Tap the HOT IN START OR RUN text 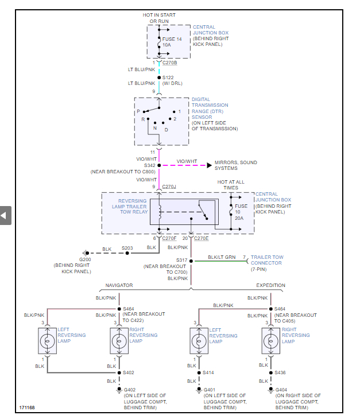click(159, 18)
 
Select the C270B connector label click(169, 63)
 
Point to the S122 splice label click(169, 77)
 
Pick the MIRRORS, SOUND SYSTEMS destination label click(235, 165)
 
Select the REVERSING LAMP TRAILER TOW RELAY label click(129, 207)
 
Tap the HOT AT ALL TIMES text click(231, 184)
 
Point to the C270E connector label click(202, 238)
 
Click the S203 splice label click(127, 249)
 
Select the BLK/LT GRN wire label click(222, 257)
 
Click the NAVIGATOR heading click(119, 285)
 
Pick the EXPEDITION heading click(270, 285)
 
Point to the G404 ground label click(282, 389)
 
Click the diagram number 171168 click(26, 408)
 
